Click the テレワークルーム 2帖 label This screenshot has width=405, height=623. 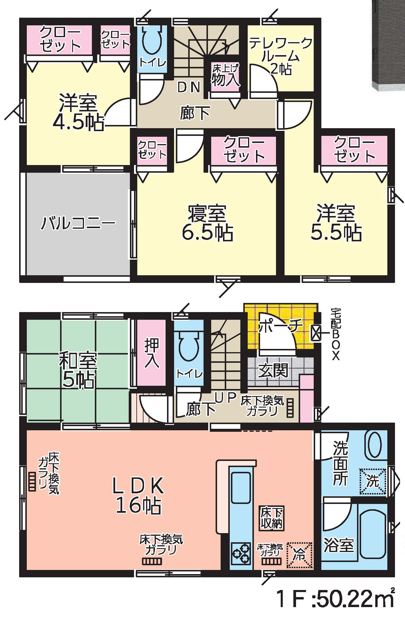(280, 56)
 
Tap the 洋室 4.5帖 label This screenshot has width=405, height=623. (78, 112)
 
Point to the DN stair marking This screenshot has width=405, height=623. (189, 87)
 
